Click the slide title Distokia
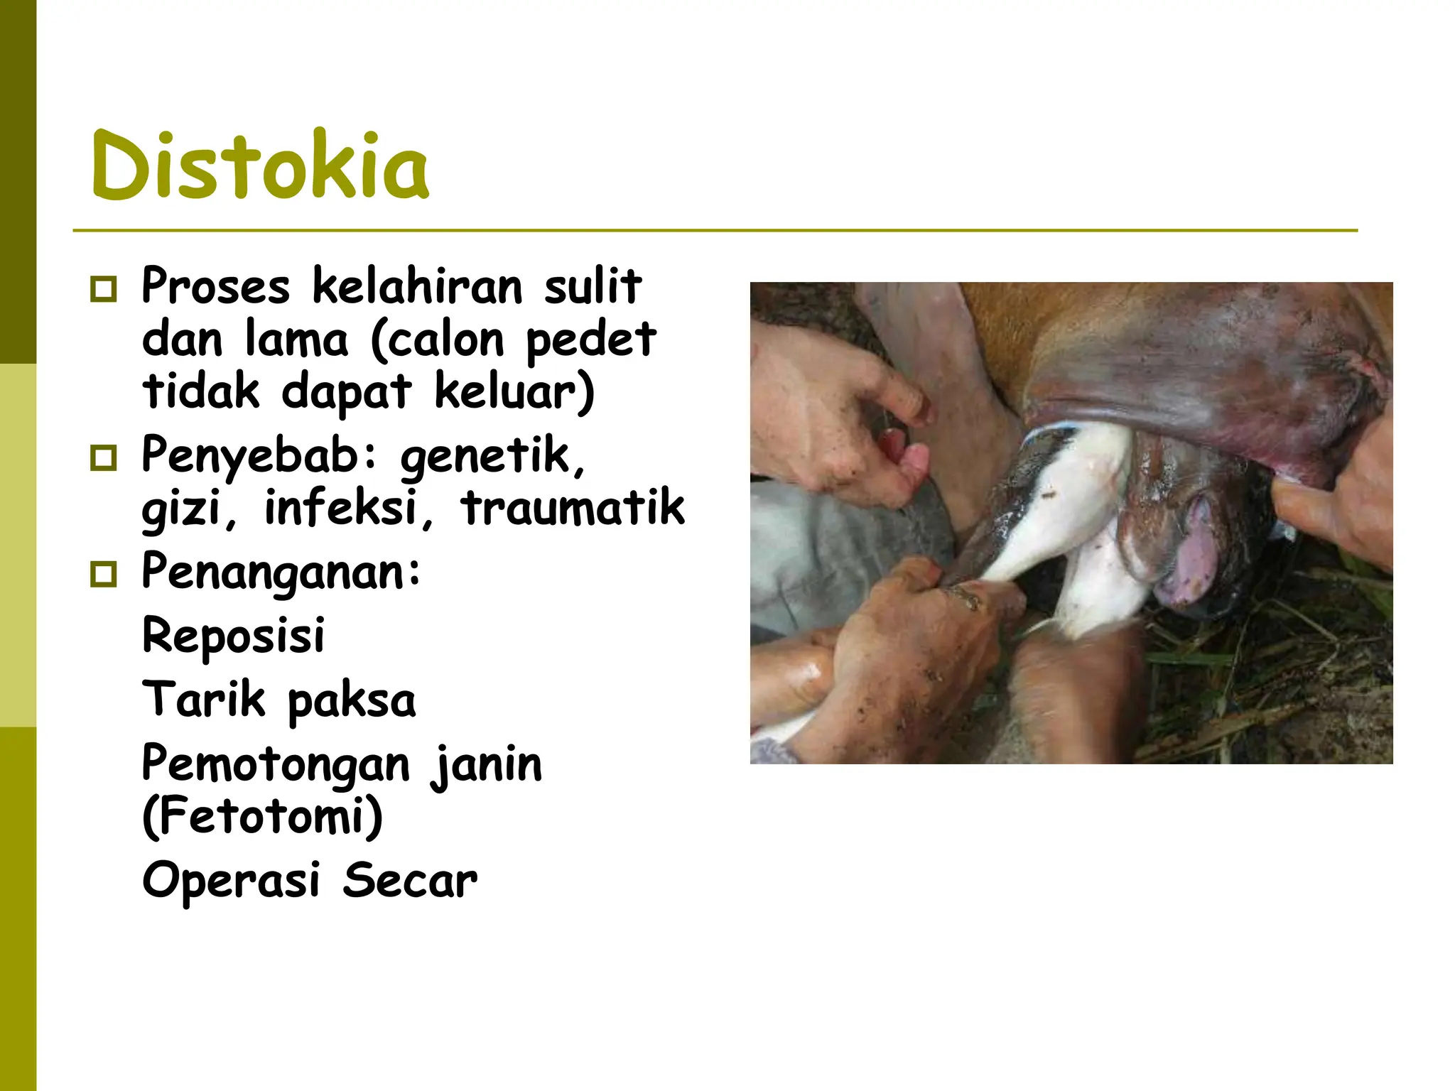coord(260,166)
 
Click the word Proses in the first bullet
coord(215,286)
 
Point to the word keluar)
coord(514,392)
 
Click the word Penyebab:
coord(259,456)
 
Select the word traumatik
coord(573,508)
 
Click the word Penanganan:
coord(281,572)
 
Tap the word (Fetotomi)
coord(262,817)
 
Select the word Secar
coord(410,881)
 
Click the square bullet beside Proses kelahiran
coord(104,289)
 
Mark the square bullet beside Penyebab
coord(104,458)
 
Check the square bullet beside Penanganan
coord(104,574)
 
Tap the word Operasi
coord(231,881)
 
